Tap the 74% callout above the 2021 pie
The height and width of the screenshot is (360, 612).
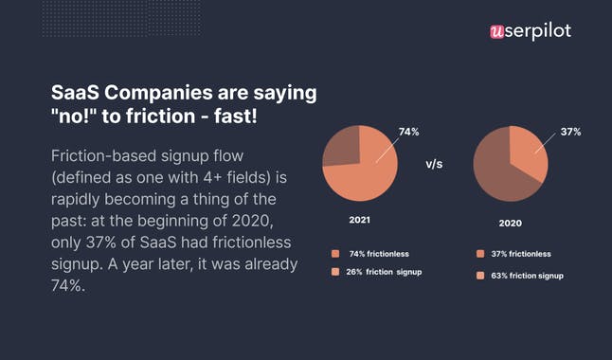(408, 132)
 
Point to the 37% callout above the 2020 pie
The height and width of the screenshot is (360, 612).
(570, 132)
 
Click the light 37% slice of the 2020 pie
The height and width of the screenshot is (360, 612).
(530, 152)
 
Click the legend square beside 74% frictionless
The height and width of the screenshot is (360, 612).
(334, 254)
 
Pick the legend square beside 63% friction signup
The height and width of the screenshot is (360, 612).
(482, 276)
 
